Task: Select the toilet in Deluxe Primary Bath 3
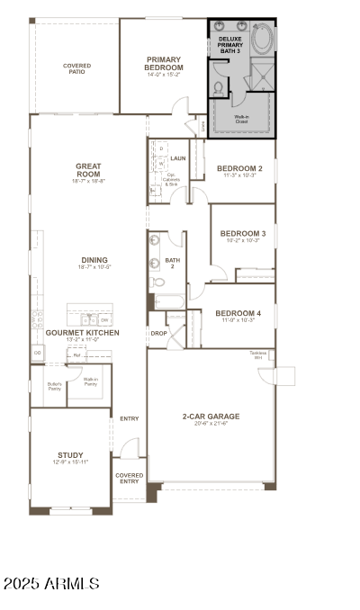[x=219, y=88]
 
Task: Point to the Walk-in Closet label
[x=241, y=120]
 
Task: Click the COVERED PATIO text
[x=76, y=68]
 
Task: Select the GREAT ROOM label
[x=88, y=170]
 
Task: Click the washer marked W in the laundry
[x=160, y=163]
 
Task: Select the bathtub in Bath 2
[x=169, y=301]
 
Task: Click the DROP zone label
[x=158, y=333]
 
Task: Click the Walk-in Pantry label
[x=91, y=381]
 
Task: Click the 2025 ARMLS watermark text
[x=51, y=584]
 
